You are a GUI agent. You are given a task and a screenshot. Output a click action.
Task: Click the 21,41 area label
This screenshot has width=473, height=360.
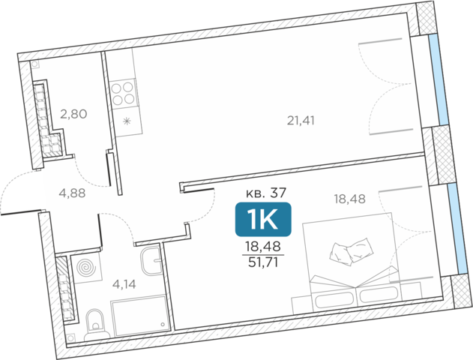click(301, 121)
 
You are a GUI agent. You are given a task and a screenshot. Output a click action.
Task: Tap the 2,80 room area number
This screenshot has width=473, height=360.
click(73, 114)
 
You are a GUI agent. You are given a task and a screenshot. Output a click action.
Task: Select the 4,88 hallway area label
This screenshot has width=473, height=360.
click(72, 193)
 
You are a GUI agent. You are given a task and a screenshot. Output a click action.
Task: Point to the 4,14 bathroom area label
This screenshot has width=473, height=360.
click(124, 284)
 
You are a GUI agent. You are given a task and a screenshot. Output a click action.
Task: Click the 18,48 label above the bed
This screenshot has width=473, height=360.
click(349, 199)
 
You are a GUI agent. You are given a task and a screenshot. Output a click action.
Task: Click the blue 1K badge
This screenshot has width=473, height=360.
click(263, 219)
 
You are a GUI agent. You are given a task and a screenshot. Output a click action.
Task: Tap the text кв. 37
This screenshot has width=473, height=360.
click(266, 193)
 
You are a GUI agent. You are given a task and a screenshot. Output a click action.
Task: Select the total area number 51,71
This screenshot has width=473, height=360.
click(263, 262)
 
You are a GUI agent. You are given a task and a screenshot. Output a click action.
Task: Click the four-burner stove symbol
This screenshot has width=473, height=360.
click(123, 92)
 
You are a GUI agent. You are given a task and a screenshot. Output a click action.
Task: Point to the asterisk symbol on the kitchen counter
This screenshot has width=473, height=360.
click(127, 121)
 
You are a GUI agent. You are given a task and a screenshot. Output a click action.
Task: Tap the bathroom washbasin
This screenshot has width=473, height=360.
click(151, 261)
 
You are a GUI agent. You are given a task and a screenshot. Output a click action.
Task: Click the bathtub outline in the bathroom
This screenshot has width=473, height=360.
click(139, 316)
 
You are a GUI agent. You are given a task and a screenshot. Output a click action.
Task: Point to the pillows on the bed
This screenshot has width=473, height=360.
click(352, 252)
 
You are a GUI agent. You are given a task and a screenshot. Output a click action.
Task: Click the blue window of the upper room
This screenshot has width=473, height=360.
click(439, 80)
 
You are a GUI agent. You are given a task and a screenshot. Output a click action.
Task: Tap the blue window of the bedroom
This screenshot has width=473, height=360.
click(457, 229)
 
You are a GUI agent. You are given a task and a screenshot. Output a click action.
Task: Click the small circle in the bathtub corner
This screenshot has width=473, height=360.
click(163, 325)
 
